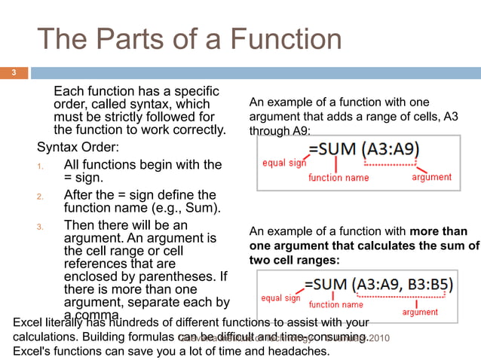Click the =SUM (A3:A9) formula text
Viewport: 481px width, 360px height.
(363, 149)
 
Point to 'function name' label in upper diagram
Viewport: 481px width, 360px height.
(339, 178)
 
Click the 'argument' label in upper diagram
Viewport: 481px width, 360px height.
(431, 177)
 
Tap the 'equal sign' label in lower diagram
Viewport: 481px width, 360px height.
(280, 298)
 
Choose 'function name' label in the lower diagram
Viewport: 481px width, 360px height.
(335, 305)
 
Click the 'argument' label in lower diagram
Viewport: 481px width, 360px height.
(420, 312)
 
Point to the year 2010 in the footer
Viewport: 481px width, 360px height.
(378, 337)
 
